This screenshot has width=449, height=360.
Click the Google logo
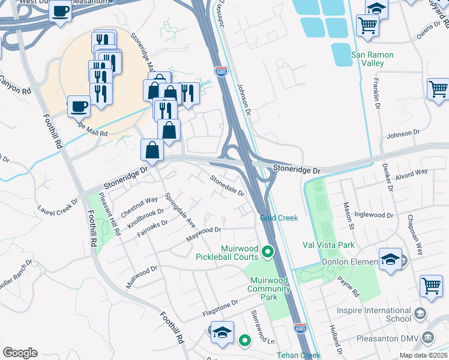tap(20, 353)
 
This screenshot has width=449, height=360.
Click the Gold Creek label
tap(279, 218)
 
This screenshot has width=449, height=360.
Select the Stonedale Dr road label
tap(227, 185)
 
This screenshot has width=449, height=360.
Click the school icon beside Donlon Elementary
tap(390, 260)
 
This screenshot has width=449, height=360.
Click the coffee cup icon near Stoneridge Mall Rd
tap(79, 106)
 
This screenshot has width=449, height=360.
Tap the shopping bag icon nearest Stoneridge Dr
tap(152, 149)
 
